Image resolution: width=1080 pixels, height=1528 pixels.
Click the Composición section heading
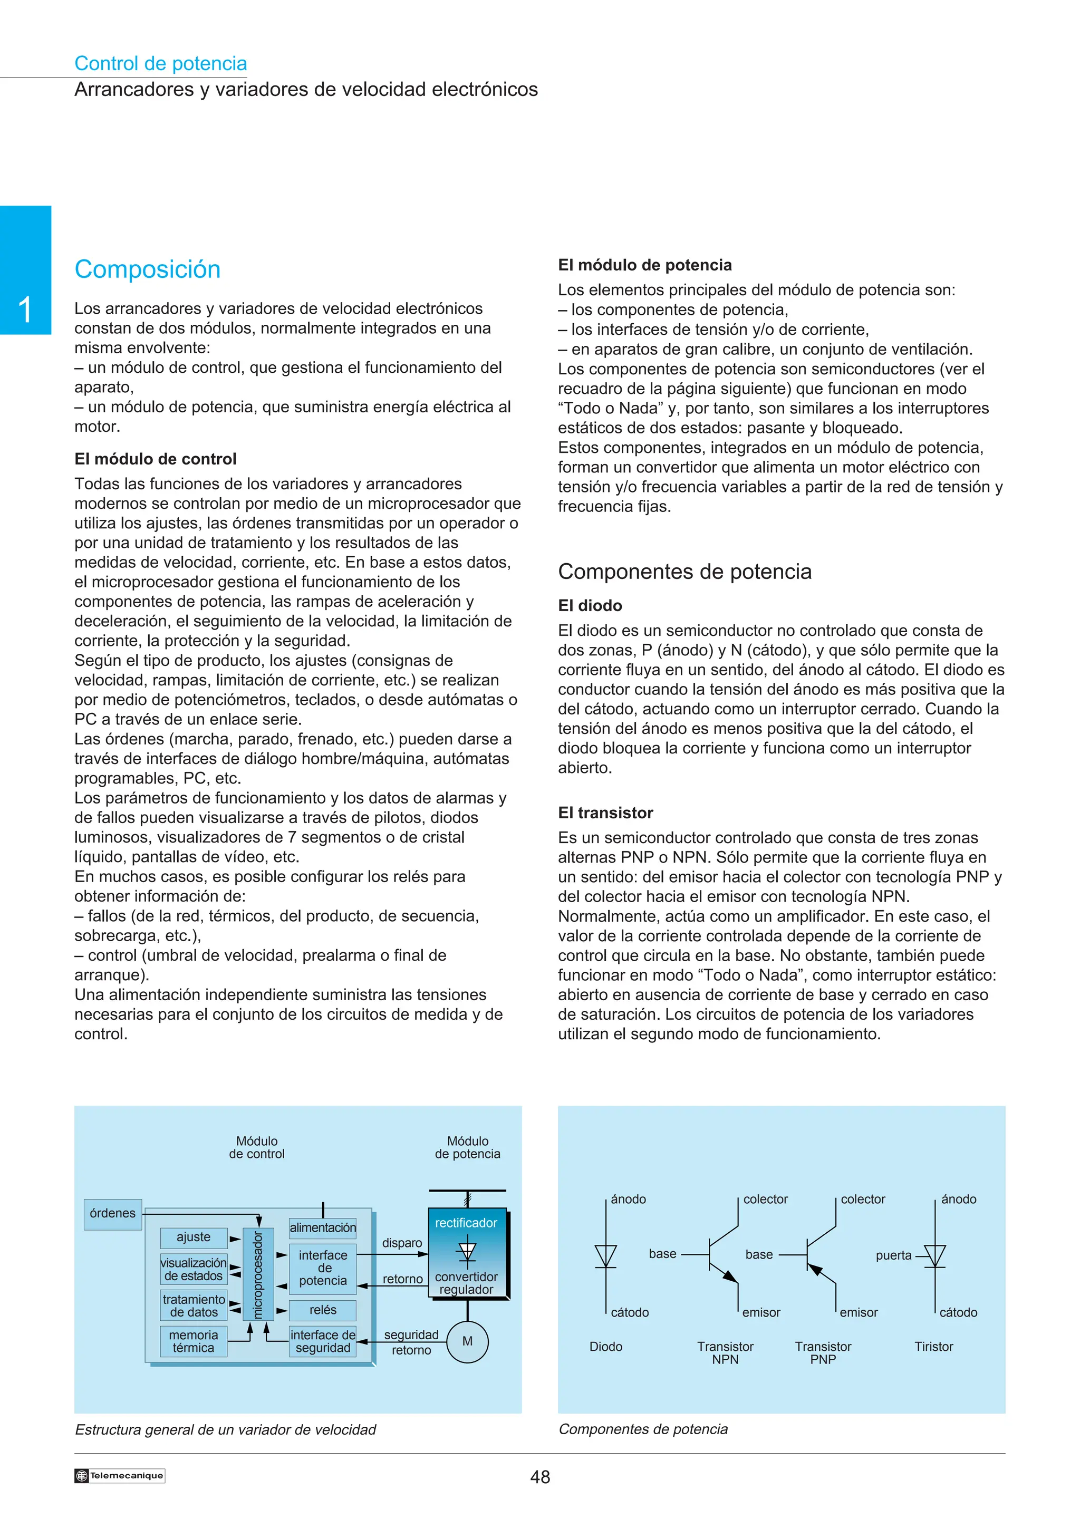pyautogui.click(x=147, y=269)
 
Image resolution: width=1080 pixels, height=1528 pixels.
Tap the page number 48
pyautogui.click(x=539, y=1477)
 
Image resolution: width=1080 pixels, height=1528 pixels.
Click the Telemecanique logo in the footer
pyautogui.click(x=120, y=1475)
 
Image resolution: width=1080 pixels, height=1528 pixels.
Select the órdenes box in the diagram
pyautogui.click(x=112, y=1213)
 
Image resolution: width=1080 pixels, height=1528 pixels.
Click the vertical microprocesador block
pyautogui.click(x=258, y=1274)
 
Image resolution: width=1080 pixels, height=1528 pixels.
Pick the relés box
pyautogui.click(x=323, y=1310)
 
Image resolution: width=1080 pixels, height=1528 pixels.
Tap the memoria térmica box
pyautogui.click(x=193, y=1341)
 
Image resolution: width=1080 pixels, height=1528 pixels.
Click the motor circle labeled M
pyautogui.click(x=467, y=1341)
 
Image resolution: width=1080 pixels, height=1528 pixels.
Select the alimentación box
pyautogui.click(x=323, y=1227)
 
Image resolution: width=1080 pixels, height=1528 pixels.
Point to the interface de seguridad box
pyautogui.click(x=323, y=1341)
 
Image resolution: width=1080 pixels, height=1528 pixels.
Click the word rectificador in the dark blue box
pyautogui.click(x=466, y=1223)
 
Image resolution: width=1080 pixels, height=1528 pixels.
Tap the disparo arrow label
pyautogui.click(x=402, y=1243)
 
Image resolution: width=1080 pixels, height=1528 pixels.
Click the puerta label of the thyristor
pyautogui.click(x=893, y=1255)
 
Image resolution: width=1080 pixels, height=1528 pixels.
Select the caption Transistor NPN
pyautogui.click(x=725, y=1352)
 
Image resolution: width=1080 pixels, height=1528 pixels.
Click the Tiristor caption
pyautogui.click(x=933, y=1346)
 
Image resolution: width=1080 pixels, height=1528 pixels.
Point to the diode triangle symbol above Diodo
pyautogui.click(x=605, y=1256)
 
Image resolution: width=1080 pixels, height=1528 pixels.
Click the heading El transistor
pyautogui.click(x=605, y=813)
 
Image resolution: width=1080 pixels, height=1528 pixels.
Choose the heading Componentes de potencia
pyautogui.click(x=684, y=571)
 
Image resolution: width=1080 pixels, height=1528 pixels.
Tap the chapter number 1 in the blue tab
pyautogui.click(x=25, y=310)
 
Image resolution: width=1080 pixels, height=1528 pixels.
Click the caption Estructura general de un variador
pyautogui.click(x=225, y=1429)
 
